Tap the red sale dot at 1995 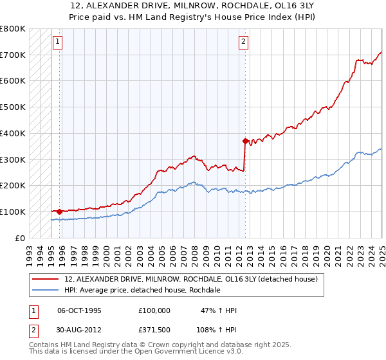pyautogui.click(x=59, y=211)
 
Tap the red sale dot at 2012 pyautogui.click(x=245, y=140)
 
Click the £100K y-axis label pyautogui.click(x=13, y=212)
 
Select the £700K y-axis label pyautogui.click(x=13, y=55)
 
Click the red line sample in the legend pyautogui.click(x=46, y=279)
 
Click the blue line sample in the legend pyautogui.click(x=46, y=290)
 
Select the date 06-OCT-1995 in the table pyautogui.click(x=79, y=310)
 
